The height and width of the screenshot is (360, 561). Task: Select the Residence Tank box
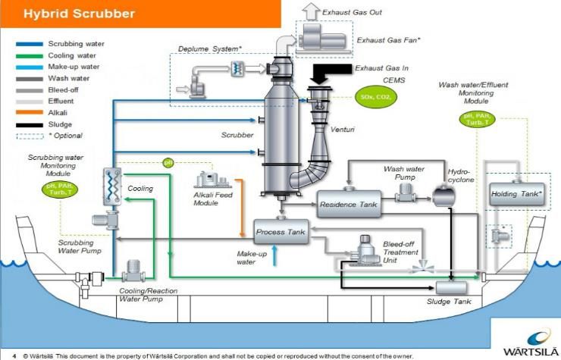pos(348,205)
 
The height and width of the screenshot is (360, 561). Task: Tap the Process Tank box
pos(280,231)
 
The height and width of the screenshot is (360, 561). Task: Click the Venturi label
pos(343,130)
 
